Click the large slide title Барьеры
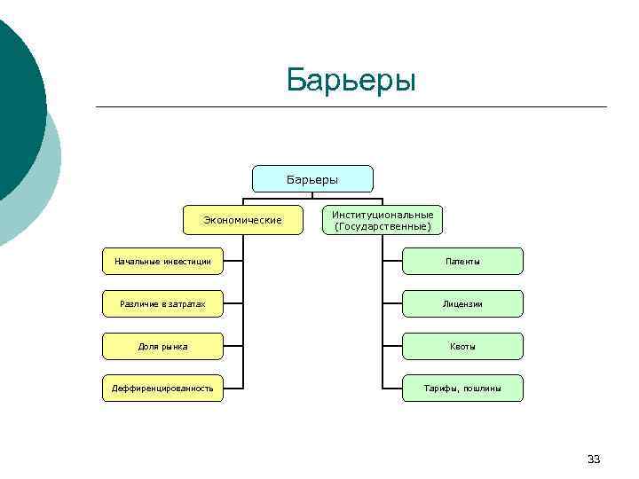tap(351, 80)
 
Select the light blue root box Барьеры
tap(312, 179)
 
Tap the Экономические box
tap(242, 220)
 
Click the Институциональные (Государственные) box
tap(383, 220)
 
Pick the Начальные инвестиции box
tap(162, 262)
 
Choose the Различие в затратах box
tap(162, 304)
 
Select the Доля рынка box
tap(162, 346)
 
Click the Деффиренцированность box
tap(162, 389)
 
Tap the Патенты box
tap(462, 262)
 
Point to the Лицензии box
tap(462, 304)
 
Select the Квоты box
tap(462, 346)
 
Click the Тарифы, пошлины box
tap(462, 389)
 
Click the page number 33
tap(594, 459)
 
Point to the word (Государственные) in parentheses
tap(383, 226)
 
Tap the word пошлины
tap(483, 389)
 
